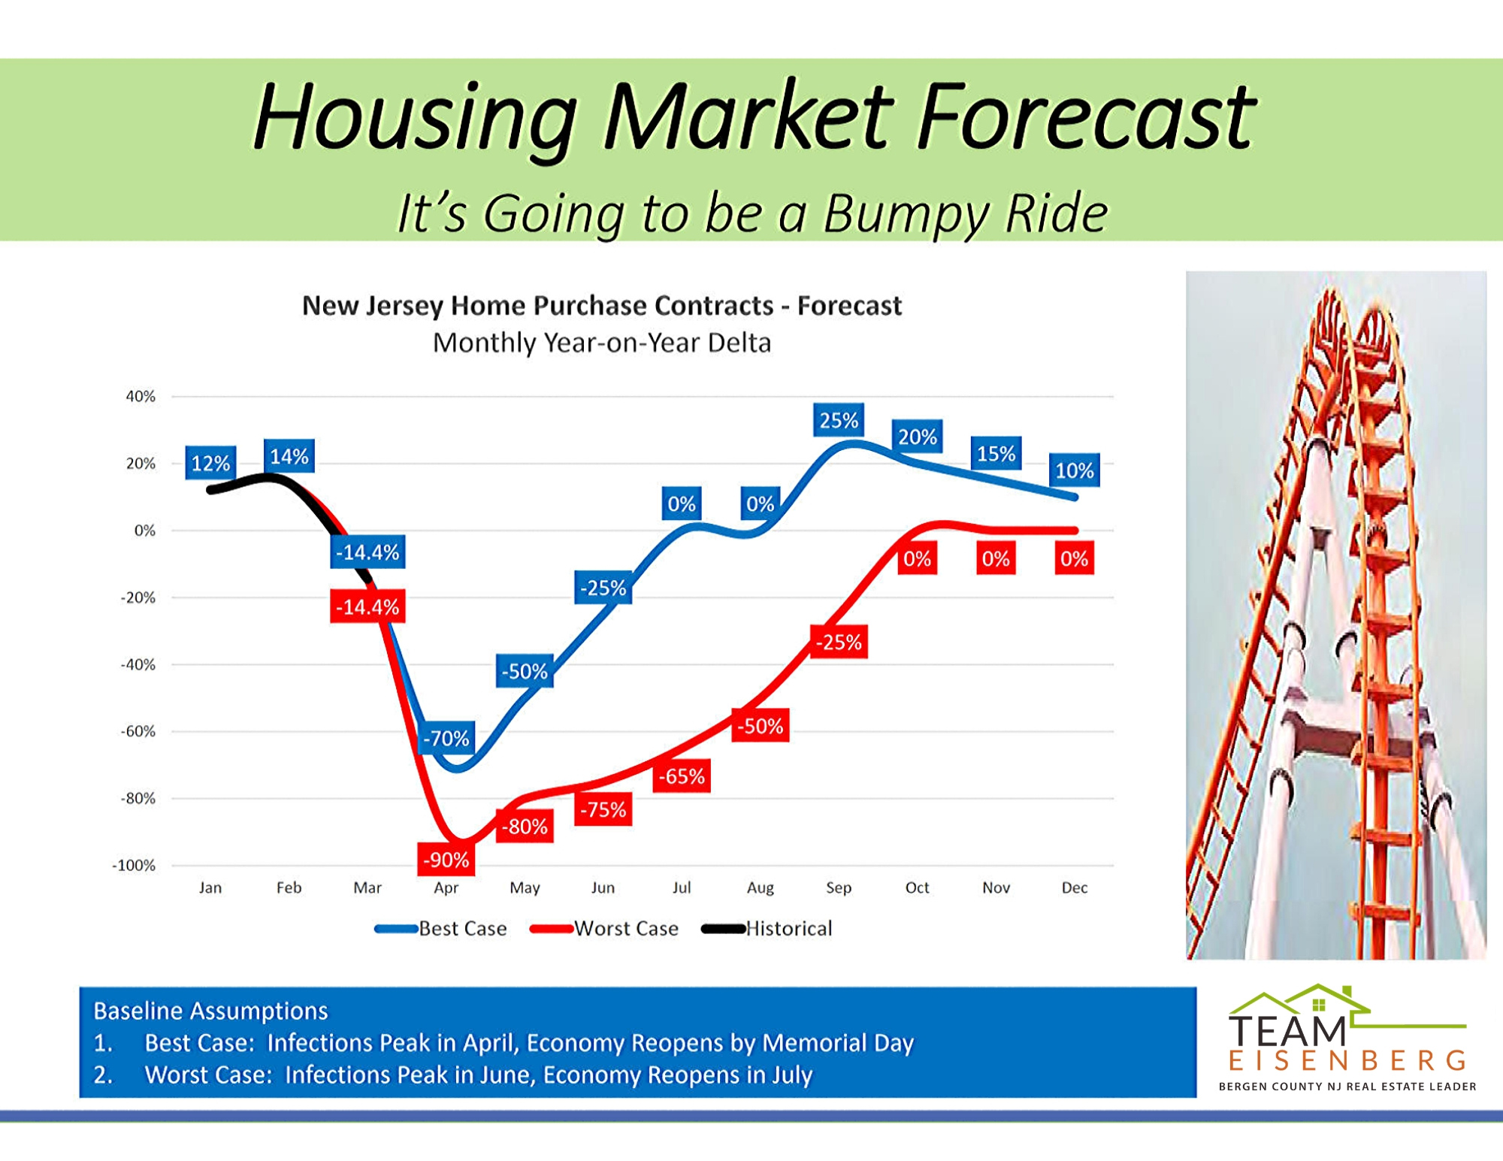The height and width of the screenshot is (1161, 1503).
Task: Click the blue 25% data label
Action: [838, 420]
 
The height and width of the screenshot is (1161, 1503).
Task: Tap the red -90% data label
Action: [446, 860]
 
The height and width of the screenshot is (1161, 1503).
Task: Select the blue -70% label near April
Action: [446, 738]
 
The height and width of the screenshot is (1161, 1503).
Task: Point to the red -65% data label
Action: [682, 776]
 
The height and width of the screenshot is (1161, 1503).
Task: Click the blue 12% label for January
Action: [210, 463]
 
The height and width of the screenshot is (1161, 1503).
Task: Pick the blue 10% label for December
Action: [1075, 470]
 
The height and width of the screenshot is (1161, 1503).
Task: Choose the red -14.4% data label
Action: [367, 606]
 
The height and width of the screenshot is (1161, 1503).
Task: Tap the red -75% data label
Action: [603, 809]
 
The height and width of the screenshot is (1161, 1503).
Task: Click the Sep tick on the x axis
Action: [839, 887]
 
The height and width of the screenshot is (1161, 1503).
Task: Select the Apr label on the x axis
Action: [446, 888]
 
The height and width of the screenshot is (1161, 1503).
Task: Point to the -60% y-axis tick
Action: [138, 731]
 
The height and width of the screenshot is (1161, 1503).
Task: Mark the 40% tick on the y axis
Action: [141, 396]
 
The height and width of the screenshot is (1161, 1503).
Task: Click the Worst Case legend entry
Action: [604, 929]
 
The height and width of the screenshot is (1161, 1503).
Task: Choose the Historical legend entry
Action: [767, 929]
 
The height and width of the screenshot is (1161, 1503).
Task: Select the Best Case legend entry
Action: [440, 929]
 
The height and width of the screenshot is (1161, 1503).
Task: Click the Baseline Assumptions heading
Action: [210, 1011]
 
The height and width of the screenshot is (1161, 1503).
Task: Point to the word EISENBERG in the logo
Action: [1347, 1060]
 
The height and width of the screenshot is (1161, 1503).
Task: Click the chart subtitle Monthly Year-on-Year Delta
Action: [602, 343]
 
